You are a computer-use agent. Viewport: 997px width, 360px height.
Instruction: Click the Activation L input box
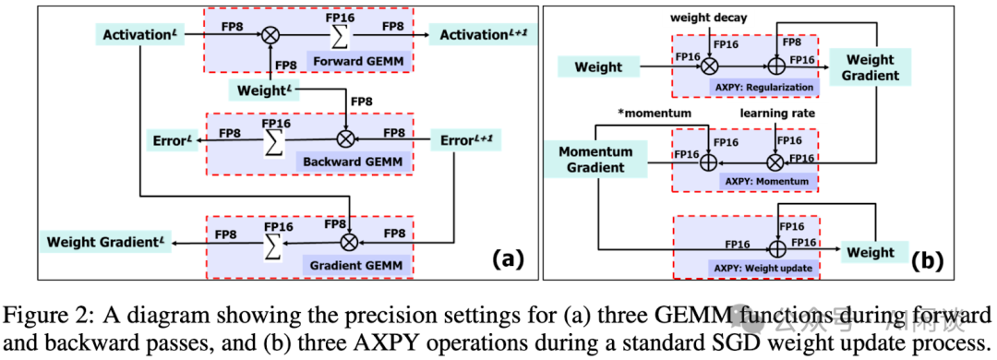[x=139, y=36]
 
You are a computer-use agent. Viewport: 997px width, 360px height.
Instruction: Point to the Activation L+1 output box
[x=482, y=36]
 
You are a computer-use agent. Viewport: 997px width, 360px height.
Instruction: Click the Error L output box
[x=172, y=141]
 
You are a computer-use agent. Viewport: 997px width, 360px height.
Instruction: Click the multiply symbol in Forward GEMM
[x=270, y=36]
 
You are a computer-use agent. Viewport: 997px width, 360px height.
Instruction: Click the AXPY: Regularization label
[x=762, y=88]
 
